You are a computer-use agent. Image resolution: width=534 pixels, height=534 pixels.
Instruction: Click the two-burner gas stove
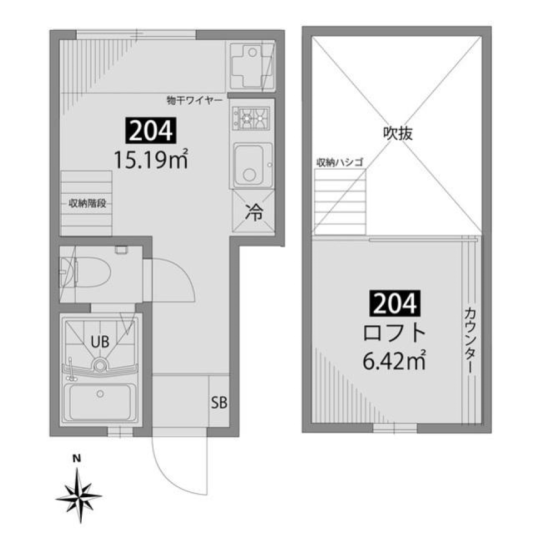pyautogui.click(x=252, y=118)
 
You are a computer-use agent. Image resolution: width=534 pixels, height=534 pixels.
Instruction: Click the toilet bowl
pyautogui.click(x=92, y=273)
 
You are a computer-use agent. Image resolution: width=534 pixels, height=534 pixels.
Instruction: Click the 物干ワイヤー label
pyautogui.click(x=194, y=101)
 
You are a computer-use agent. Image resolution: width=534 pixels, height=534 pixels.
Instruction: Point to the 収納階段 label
pyautogui.click(x=87, y=203)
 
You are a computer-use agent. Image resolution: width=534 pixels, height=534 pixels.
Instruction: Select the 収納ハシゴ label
pyautogui.click(x=339, y=162)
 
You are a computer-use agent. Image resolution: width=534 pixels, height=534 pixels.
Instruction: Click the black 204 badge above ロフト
pyautogui.click(x=393, y=304)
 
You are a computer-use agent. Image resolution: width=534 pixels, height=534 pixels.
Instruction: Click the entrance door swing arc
pyautogui.click(x=161, y=468)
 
